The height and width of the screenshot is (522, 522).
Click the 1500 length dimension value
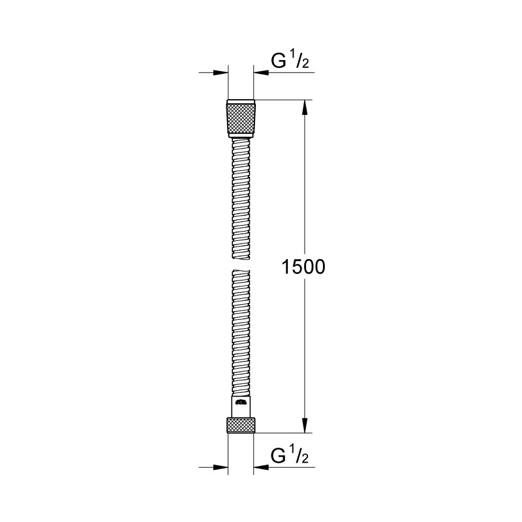pyautogui.click(x=303, y=268)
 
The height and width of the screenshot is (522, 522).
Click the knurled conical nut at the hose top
pyautogui.click(x=241, y=118)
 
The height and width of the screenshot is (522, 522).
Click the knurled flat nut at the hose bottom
pyautogui.click(x=241, y=424)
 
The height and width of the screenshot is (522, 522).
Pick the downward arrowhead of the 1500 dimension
pyautogui.click(x=303, y=425)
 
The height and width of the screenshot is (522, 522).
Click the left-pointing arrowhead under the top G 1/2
pyautogui.click(x=262, y=73)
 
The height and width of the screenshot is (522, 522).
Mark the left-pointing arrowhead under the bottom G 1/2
pyautogui.click(x=262, y=467)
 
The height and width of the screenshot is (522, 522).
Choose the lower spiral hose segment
pyautogui.click(x=241, y=333)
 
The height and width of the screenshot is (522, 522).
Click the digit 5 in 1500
pyautogui.click(x=294, y=268)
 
